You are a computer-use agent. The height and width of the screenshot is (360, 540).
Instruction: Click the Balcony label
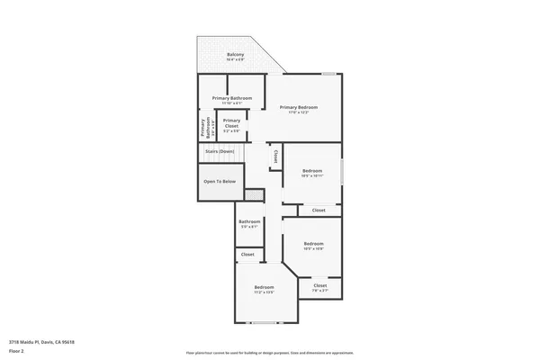235,55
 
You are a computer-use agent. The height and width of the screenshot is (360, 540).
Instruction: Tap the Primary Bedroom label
298,107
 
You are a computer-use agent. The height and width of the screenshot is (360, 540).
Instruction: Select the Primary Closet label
231,121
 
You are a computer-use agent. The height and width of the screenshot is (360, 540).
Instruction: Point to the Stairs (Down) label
220,152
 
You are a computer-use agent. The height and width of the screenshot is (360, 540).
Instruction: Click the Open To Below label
220,182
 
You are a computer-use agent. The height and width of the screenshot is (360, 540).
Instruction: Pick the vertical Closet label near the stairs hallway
275,156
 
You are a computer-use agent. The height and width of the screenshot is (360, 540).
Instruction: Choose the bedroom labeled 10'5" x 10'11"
312,173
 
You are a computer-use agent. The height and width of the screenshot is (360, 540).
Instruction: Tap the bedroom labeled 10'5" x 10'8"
313,246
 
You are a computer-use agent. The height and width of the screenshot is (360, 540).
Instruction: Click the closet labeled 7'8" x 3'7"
320,287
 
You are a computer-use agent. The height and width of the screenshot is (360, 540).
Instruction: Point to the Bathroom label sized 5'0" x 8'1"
249,223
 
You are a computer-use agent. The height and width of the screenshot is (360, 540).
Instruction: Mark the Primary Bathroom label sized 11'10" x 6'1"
232,98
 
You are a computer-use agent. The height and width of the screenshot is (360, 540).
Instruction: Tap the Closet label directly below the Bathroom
247,255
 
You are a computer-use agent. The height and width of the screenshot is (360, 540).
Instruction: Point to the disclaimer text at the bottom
270,353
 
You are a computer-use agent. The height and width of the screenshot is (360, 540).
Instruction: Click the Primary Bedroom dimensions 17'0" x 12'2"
298,112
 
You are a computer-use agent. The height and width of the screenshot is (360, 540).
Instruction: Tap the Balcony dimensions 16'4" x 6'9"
235,60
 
